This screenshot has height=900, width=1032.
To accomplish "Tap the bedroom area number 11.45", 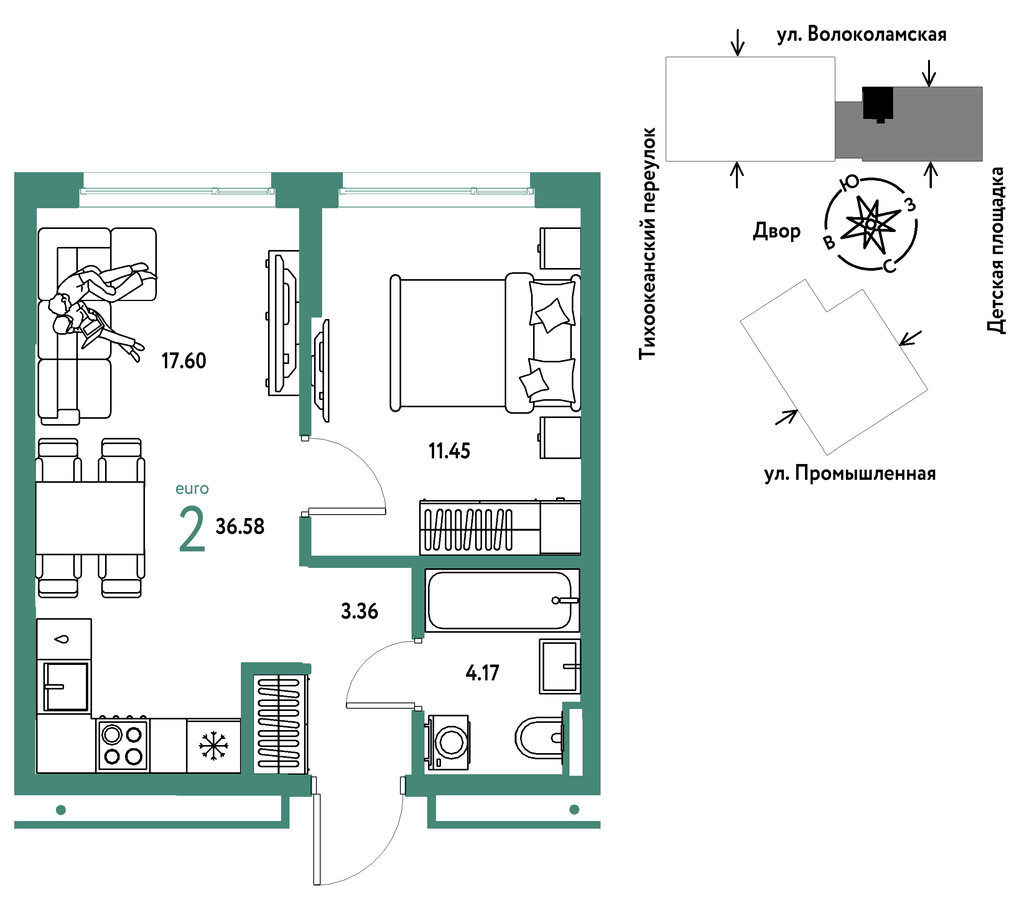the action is pyautogui.click(x=449, y=451).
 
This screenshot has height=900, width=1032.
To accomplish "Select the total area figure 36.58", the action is pyautogui.click(x=240, y=527).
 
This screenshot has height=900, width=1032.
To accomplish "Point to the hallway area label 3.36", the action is pyautogui.click(x=360, y=611).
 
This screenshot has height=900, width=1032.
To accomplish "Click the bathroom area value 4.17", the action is pyautogui.click(x=482, y=673).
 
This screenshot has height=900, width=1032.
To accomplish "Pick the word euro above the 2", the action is pyautogui.click(x=192, y=489).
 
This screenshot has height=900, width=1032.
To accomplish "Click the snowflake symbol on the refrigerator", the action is pyautogui.click(x=214, y=746).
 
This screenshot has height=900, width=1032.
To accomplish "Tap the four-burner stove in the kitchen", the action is pyautogui.click(x=123, y=745).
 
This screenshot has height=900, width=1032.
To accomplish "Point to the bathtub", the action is pyautogui.click(x=502, y=600).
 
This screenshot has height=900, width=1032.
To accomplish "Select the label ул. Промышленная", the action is pyautogui.click(x=850, y=474).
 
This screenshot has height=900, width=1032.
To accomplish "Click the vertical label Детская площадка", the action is pyautogui.click(x=996, y=250).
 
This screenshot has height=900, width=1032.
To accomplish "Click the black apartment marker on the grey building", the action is pyautogui.click(x=878, y=104).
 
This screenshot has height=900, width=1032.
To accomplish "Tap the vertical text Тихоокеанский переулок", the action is pyautogui.click(x=647, y=244).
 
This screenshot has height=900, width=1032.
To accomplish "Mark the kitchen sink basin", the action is pyautogui.click(x=66, y=686).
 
